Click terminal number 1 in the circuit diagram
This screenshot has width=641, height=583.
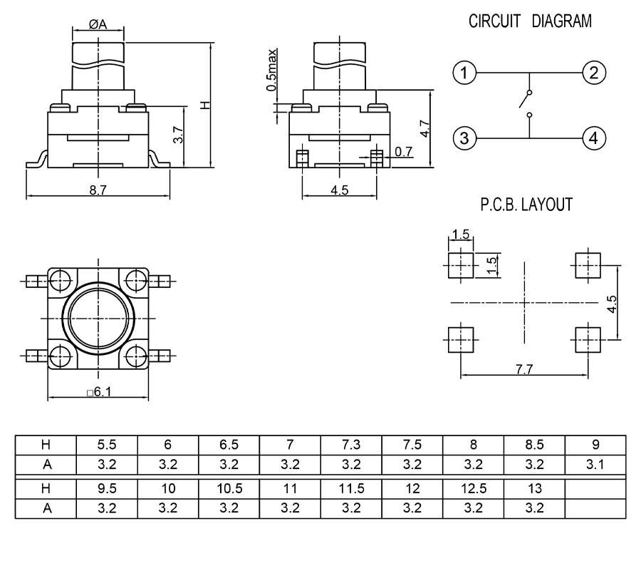point(464,73)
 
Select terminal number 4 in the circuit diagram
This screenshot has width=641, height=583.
point(593,138)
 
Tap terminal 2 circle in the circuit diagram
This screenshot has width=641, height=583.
point(593,73)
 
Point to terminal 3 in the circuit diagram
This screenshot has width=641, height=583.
point(464,138)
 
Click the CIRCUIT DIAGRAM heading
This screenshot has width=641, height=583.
point(529,21)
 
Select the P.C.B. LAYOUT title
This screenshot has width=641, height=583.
point(526,205)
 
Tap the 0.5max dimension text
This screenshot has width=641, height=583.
point(272,69)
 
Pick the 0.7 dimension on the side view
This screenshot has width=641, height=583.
point(404,151)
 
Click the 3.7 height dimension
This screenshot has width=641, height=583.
point(179,135)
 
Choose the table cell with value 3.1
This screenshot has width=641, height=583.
point(595,465)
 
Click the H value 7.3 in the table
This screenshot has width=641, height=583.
point(351,445)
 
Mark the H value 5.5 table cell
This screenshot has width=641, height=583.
point(107,445)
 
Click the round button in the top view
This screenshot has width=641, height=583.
point(98,316)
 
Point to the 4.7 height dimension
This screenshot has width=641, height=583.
point(424,130)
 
